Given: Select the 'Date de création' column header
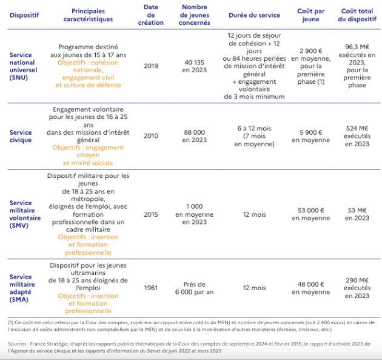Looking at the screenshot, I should coord(151,15).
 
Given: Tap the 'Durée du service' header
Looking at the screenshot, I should coord(253,15).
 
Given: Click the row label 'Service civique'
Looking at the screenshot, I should coord(21,136).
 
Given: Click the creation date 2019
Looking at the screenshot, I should coord(151,66).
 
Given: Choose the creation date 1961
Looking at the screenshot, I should coord(151,288).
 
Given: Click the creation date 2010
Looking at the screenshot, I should coord(151,136).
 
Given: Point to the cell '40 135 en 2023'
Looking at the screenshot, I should coord(195,66).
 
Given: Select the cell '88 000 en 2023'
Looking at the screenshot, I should coord(195,136).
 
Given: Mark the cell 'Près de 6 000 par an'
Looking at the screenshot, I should coord(195,288).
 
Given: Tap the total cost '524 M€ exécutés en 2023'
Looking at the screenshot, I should coord(357,136).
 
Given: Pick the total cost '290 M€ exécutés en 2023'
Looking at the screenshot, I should coord(357,288).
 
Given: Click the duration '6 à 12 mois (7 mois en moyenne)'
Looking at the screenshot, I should coord(253,136).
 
